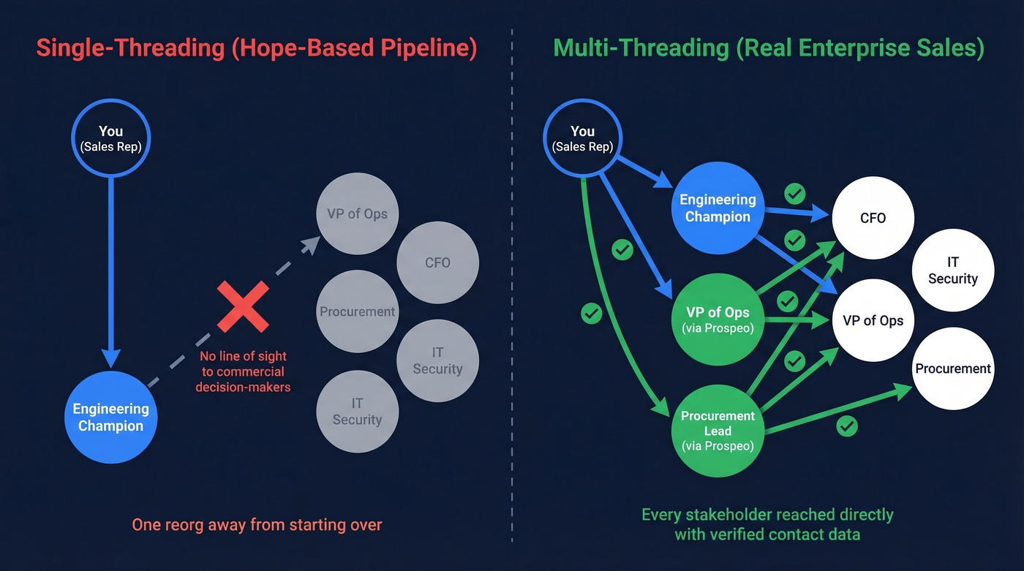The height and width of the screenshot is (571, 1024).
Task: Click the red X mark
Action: [243, 307]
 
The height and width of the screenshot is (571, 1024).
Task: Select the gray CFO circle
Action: [437, 262]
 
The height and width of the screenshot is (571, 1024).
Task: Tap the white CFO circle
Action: [873, 218]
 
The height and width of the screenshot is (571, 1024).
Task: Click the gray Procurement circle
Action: [357, 311]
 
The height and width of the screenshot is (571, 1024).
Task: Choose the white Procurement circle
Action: [952, 368]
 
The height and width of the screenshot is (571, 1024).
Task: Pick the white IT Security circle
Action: [952, 270]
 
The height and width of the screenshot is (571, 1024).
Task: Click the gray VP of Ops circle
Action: [357, 214]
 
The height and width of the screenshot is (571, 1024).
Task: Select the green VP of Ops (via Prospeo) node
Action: [717, 320]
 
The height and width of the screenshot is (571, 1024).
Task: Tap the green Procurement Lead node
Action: [717, 430]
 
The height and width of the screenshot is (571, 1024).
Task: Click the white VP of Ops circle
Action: [873, 320]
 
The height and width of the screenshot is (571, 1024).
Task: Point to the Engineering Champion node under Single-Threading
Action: [110, 417]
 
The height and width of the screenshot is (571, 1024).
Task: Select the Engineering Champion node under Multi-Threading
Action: [717, 208]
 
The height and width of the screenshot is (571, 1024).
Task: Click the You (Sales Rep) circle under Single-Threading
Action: [110, 137]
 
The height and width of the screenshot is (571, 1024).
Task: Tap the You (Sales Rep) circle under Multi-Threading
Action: [582, 137]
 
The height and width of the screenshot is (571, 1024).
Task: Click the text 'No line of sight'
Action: [243, 356]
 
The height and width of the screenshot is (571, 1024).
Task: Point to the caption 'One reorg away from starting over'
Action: [257, 524]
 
